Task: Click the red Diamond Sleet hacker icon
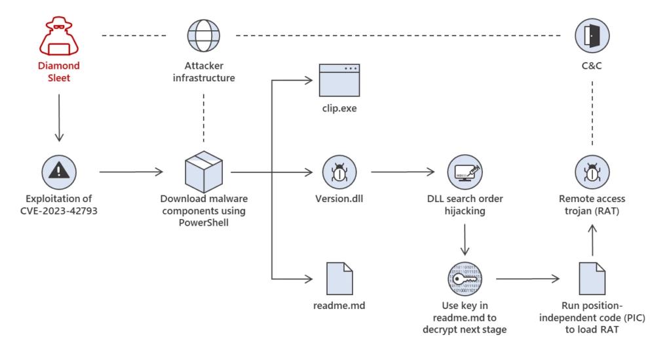click(58, 37)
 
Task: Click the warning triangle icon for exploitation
click(58, 172)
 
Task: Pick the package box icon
click(203, 172)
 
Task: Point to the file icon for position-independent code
click(592, 278)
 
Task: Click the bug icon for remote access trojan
click(592, 172)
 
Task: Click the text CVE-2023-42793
click(58, 210)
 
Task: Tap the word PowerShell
click(203, 223)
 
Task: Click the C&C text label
click(592, 66)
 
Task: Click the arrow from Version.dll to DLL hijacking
click(403, 172)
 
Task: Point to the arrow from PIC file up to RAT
click(592, 239)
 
